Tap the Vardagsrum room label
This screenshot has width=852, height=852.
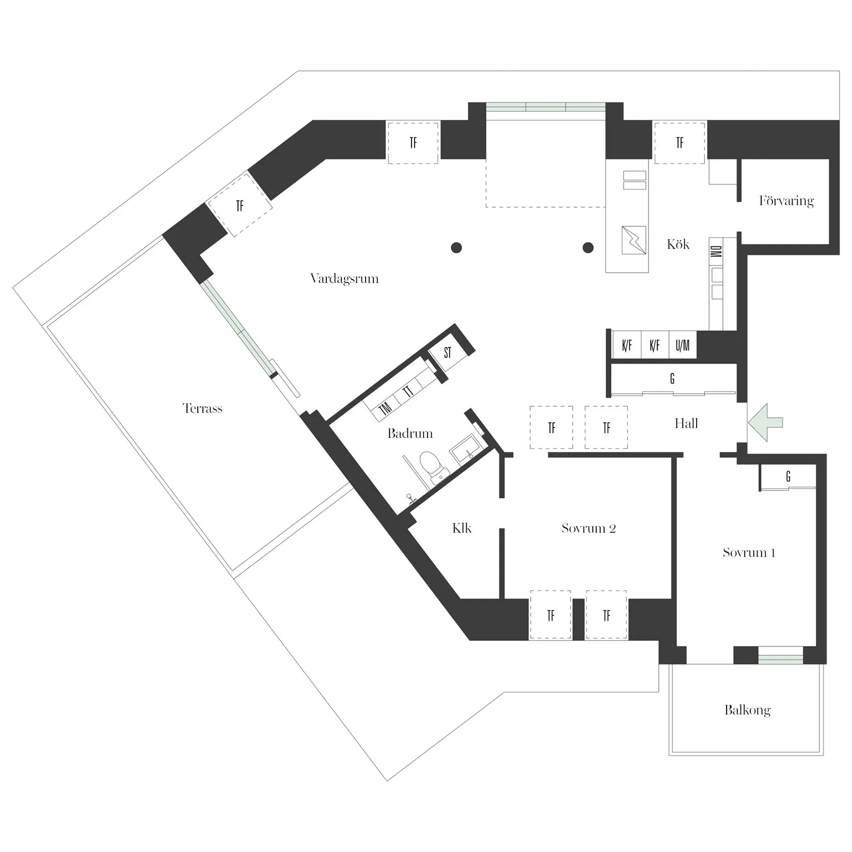344,279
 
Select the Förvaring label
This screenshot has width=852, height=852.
786,201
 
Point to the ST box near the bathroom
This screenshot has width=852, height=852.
448,353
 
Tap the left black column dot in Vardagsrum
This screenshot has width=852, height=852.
456,248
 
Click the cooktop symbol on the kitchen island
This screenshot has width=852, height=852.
634,240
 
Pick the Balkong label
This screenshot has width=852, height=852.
747,710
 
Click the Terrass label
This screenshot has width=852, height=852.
202,408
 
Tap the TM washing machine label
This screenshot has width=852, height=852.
385,409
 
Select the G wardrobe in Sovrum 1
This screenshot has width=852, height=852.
788,477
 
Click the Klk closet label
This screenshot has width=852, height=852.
462,528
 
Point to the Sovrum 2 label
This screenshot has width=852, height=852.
588,528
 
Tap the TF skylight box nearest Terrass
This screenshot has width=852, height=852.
240,206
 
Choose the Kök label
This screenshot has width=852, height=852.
677,244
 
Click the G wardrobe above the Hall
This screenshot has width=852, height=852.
672,379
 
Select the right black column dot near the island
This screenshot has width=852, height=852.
588,248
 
